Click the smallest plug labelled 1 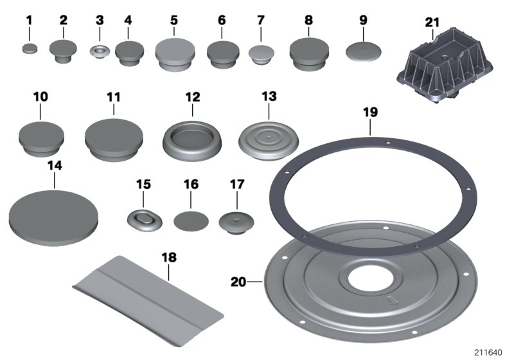pyautogui.click(x=30, y=49)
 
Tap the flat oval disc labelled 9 pyautogui.click(x=364, y=51)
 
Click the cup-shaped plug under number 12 pyautogui.click(x=192, y=141)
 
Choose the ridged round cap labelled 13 pyautogui.click(x=269, y=141)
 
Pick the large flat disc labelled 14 pyautogui.click(x=54, y=219)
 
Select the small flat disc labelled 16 pyautogui.click(x=191, y=221)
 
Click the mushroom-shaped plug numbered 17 pyautogui.click(x=236, y=222)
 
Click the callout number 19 pyautogui.click(x=371, y=113)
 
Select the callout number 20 pyautogui.click(x=238, y=282)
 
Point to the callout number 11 pyautogui.click(x=114, y=97)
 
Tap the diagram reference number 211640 pyautogui.click(x=488, y=353)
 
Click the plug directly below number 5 pyautogui.click(x=175, y=55)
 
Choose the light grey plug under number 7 pyautogui.click(x=261, y=55)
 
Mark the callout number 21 pyautogui.click(x=432, y=22)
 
